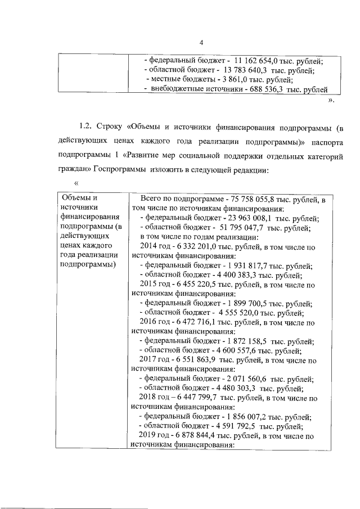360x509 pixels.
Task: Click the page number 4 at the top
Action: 201,42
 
